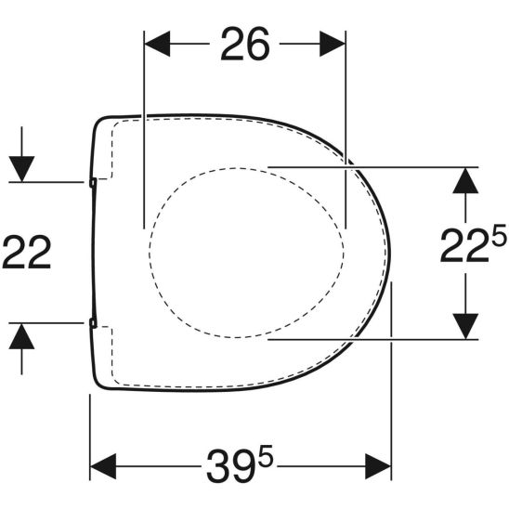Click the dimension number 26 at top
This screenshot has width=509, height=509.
pyautogui.click(x=244, y=44)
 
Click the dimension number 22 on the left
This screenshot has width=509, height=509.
pyautogui.click(x=26, y=252)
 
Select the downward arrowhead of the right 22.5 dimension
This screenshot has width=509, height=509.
pyautogui.click(x=464, y=326)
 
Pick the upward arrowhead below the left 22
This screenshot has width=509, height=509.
pyautogui.click(x=22, y=336)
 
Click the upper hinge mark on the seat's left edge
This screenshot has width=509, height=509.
pyautogui.click(x=93, y=183)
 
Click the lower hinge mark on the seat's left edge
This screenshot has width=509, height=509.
pyautogui.click(x=93, y=323)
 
